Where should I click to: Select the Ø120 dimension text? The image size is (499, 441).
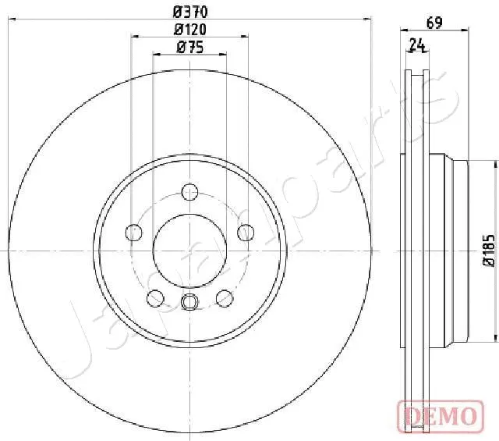[189, 29]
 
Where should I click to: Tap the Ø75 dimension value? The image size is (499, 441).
[189, 47]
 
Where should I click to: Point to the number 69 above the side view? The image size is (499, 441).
[435, 23]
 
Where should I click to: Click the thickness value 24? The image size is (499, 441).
[418, 45]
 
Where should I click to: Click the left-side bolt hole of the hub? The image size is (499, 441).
[134, 232]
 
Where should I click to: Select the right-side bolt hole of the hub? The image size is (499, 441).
[246, 232]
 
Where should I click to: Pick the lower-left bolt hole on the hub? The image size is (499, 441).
[155, 298]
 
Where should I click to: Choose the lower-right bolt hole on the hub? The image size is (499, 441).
[225, 298]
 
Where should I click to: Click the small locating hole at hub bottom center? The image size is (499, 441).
[189, 303]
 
